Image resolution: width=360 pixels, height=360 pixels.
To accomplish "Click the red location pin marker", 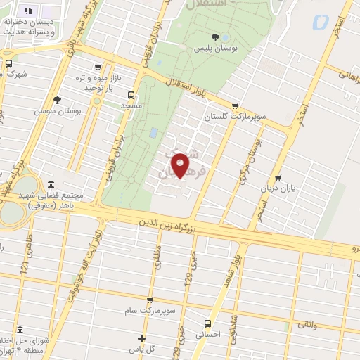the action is [181, 165].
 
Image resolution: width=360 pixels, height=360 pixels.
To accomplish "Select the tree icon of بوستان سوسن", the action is [57, 100].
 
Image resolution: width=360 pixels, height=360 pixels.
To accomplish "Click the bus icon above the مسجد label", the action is [131, 94].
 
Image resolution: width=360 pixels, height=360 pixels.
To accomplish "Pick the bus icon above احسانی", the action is [207, 323].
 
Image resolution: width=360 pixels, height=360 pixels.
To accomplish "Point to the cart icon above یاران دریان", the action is [280, 178].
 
